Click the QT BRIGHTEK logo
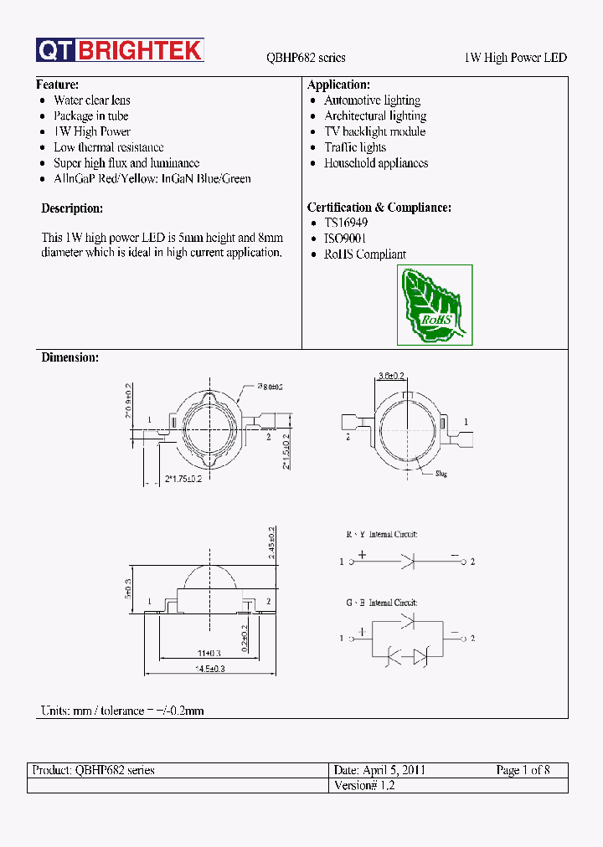tap(120, 51)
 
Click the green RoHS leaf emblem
tap(434, 305)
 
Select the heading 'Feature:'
tap(58, 85)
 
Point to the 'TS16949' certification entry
tap(346, 223)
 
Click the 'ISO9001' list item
tap(345, 239)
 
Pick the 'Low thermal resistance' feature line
tap(109, 147)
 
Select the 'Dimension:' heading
tap(70, 357)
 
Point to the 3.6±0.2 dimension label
tap(392, 376)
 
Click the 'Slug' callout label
tap(441, 474)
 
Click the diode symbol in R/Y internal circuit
tap(407, 562)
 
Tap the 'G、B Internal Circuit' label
tap(382, 602)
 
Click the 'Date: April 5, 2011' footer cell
tap(379, 770)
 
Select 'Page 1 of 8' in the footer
tap(523, 770)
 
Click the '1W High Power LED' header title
tap(515, 58)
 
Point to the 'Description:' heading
tap(72, 208)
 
